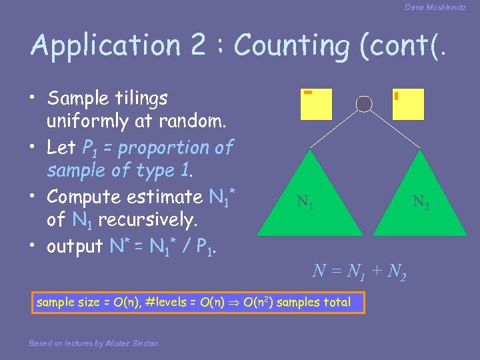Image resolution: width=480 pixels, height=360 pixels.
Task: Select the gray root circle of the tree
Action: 364,103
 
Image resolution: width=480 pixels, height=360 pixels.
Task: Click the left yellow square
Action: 315,104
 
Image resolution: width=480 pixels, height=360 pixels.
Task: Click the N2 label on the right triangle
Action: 421,201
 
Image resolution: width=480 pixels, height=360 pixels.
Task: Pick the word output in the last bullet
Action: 74,246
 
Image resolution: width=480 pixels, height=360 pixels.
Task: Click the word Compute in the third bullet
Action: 87,197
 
